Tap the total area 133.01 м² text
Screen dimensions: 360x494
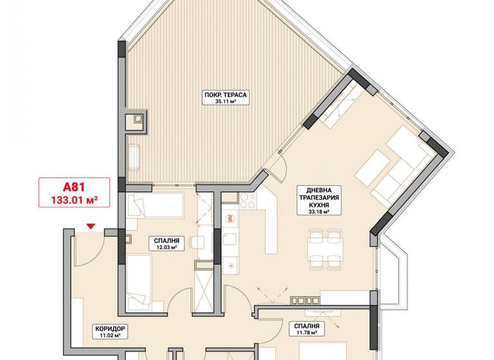73,200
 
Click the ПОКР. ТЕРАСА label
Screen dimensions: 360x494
226,95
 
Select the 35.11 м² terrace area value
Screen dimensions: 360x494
226,102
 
